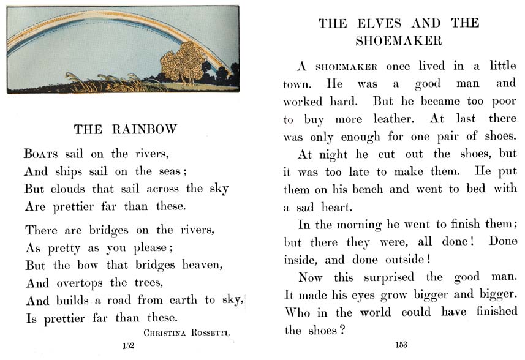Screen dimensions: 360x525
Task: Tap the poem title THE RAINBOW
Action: click(125, 129)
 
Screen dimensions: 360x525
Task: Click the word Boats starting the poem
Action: click(42, 154)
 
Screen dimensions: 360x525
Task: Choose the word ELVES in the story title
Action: click(380, 24)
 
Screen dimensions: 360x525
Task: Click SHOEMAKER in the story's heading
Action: click(399, 41)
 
